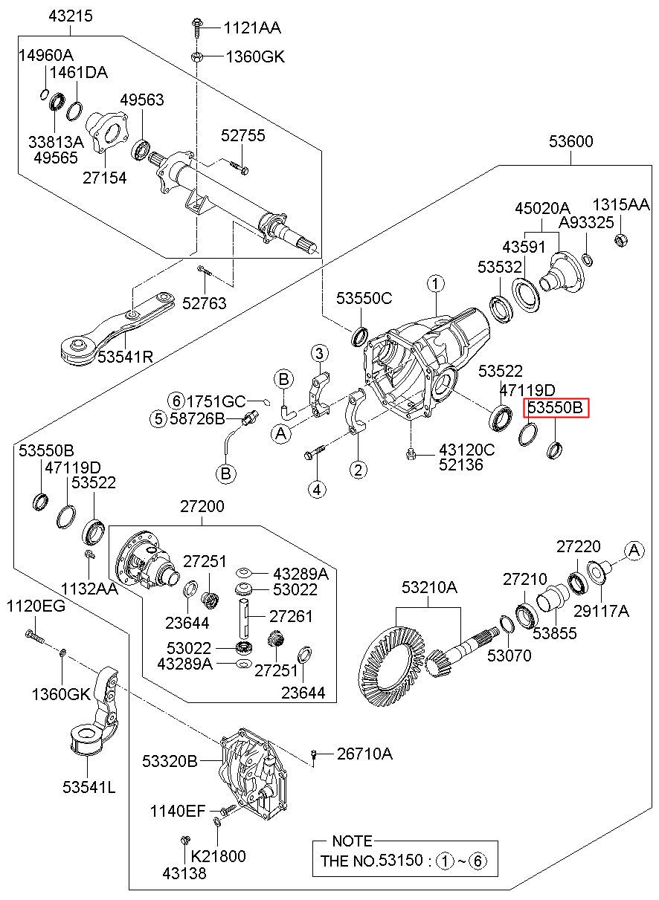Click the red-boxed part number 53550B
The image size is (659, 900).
(557, 407)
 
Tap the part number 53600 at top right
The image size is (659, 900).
(571, 142)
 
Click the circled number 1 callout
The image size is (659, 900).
(435, 283)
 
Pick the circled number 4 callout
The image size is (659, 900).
(318, 488)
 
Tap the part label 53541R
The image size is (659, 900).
(125, 356)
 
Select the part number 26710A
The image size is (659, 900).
(364, 754)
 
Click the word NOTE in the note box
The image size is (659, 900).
(352, 841)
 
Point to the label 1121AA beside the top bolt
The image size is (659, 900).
(253, 28)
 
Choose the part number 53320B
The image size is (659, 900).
(170, 761)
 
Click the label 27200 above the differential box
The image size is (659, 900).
(201, 506)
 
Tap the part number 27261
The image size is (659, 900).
(291, 616)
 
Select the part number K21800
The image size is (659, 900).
(219, 856)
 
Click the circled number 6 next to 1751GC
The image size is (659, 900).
(175, 401)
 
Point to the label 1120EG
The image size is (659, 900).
(36, 606)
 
